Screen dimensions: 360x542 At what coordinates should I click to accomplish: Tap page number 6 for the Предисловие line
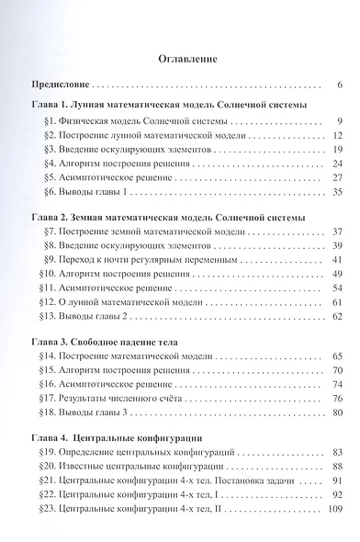339,85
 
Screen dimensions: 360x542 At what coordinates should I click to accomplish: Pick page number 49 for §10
337,274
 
